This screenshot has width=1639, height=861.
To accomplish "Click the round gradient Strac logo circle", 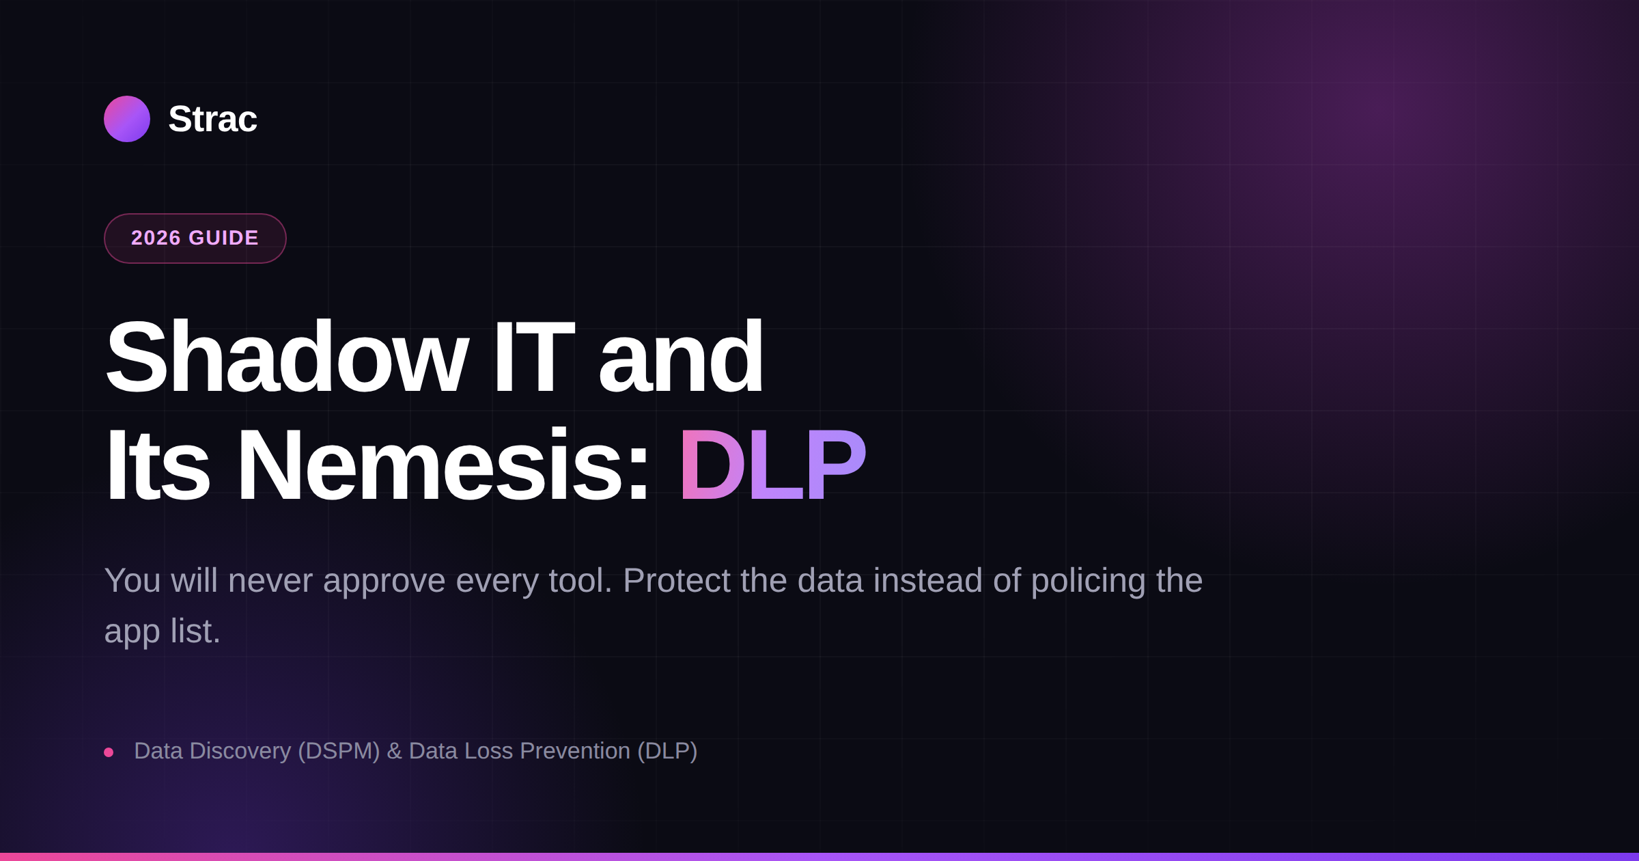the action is [x=127, y=119].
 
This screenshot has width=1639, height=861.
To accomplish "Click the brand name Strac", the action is [x=212, y=119].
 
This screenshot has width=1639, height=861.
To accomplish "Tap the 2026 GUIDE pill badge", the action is [x=195, y=238].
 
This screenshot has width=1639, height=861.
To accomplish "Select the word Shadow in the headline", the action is [x=287, y=357].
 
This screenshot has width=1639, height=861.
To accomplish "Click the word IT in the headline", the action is [x=534, y=357].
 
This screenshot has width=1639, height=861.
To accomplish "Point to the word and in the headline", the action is [x=681, y=357].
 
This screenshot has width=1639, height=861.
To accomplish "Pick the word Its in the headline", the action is [x=157, y=465].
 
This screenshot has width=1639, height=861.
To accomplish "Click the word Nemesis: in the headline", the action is [x=443, y=465].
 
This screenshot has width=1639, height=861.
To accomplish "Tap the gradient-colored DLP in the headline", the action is [x=772, y=465].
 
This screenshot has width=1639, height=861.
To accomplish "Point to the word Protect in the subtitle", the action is [x=677, y=581].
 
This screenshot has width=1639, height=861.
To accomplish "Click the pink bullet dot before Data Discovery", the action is [x=109, y=752].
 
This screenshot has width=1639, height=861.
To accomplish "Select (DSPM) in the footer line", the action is [x=339, y=751].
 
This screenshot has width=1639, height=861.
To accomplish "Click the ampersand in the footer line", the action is [x=394, y=751].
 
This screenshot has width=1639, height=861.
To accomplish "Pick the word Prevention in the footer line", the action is [x=575, y=751].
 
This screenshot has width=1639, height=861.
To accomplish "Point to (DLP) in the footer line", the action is [x=667, y=751].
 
